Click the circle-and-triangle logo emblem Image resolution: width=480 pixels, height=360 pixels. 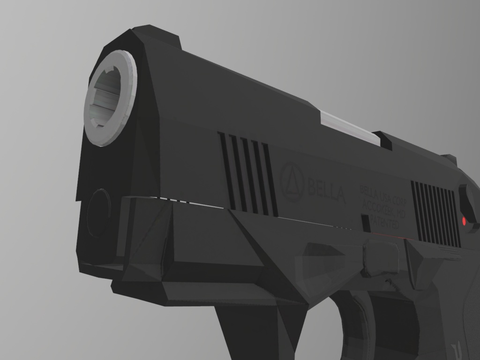coord(292,182)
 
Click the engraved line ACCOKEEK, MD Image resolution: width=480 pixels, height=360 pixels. coord(383,207)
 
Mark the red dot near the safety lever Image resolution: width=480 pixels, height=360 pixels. coord(464,220)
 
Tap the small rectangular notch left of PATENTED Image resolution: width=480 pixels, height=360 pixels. coord(365,223)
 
